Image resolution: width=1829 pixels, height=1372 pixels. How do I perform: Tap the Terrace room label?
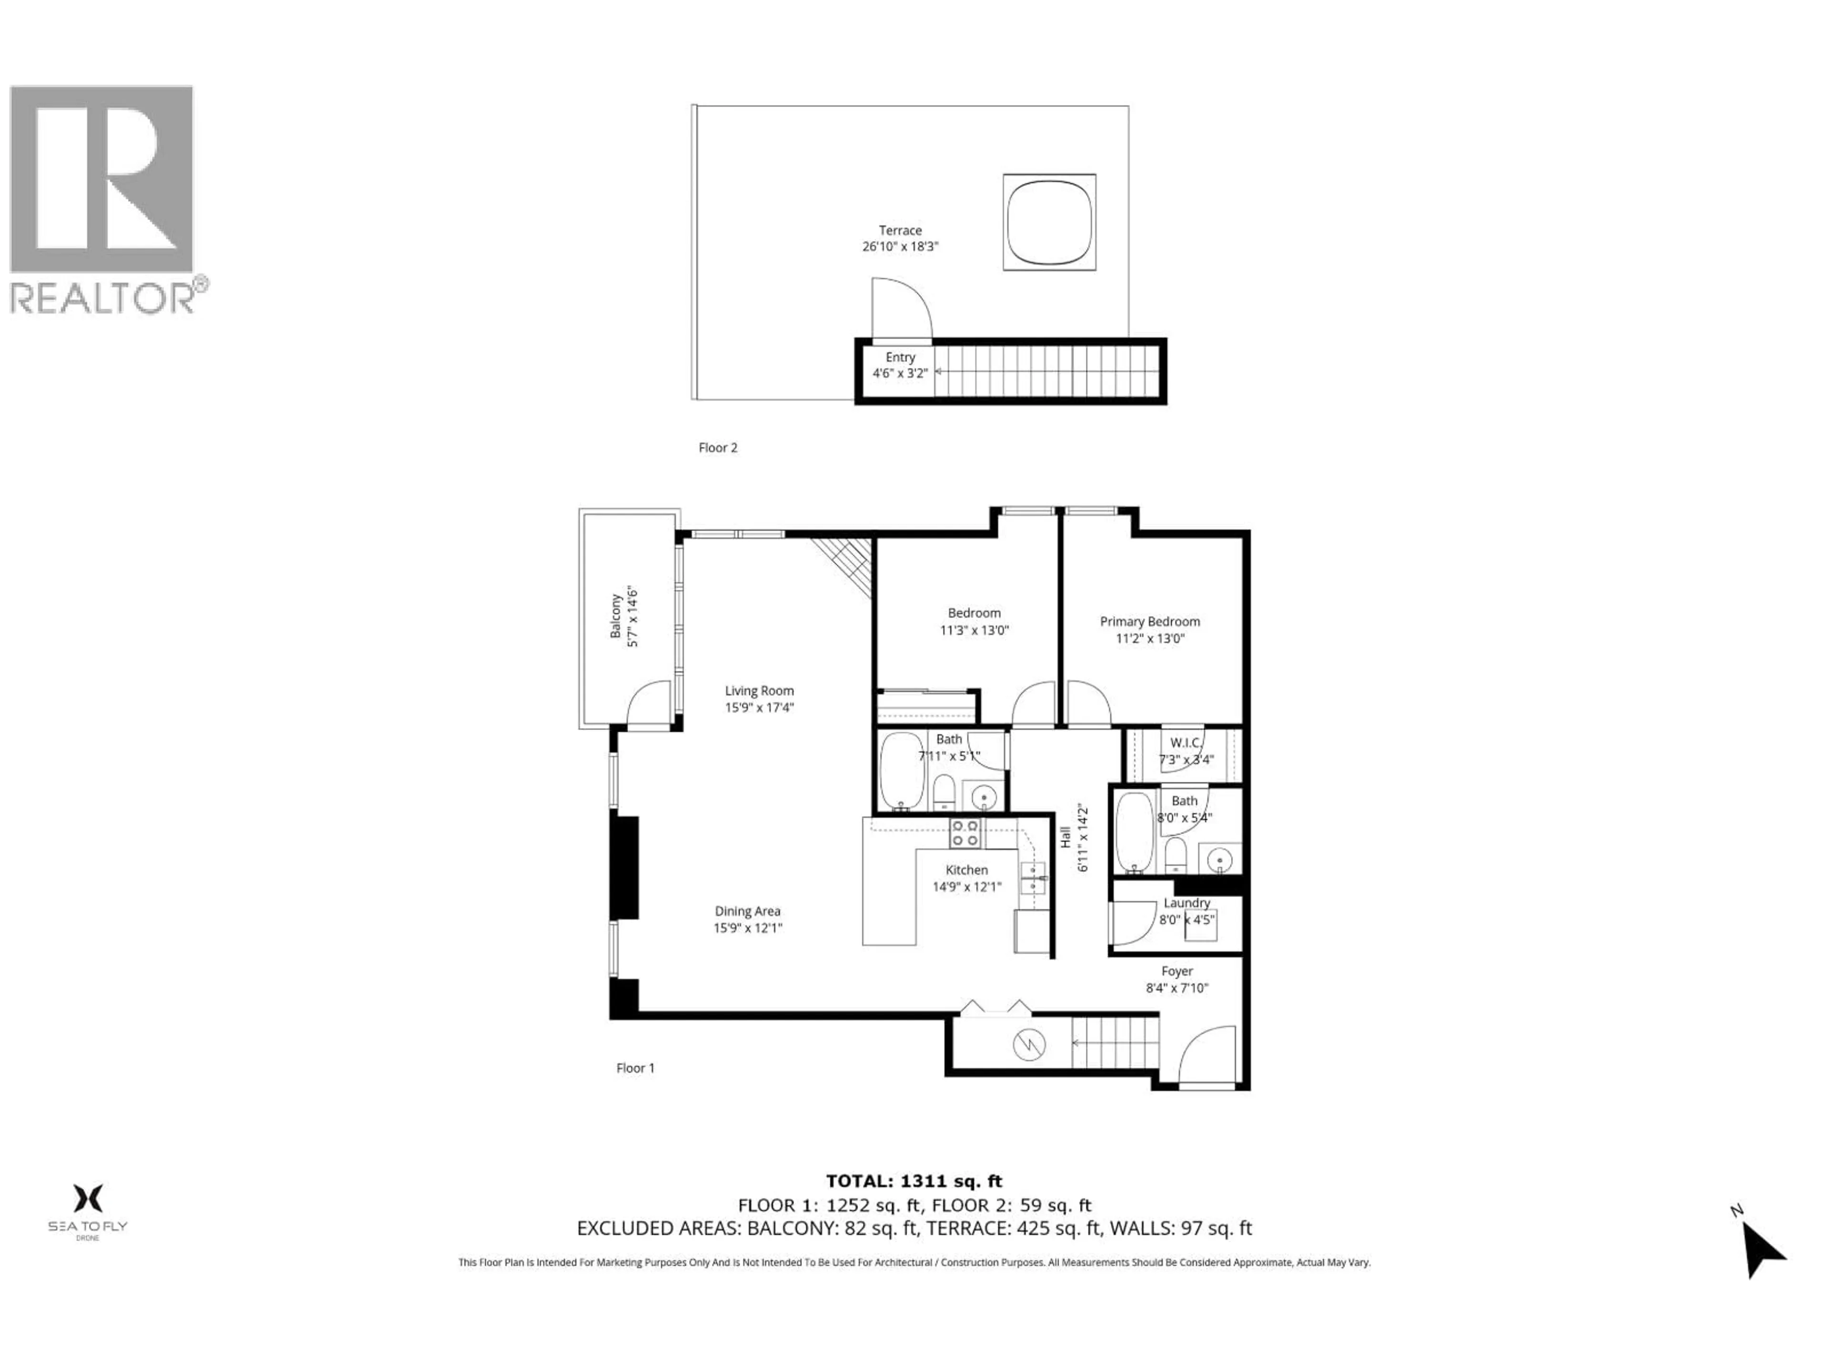(x=900, y=231)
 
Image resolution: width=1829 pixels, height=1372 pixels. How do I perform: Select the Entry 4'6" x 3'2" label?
(x=900, y=365)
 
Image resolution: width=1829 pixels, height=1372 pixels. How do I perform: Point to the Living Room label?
(x=759, y=691)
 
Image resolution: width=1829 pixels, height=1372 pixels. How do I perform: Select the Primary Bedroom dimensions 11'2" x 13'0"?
(x=1149, y=638)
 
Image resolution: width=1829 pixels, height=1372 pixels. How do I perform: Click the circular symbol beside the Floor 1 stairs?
(x=1029, y=1045)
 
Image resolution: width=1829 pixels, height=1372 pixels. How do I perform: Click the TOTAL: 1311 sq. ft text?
(x=914, y=1181)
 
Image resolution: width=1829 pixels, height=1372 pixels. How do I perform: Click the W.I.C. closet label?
(x=1185, y=743)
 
